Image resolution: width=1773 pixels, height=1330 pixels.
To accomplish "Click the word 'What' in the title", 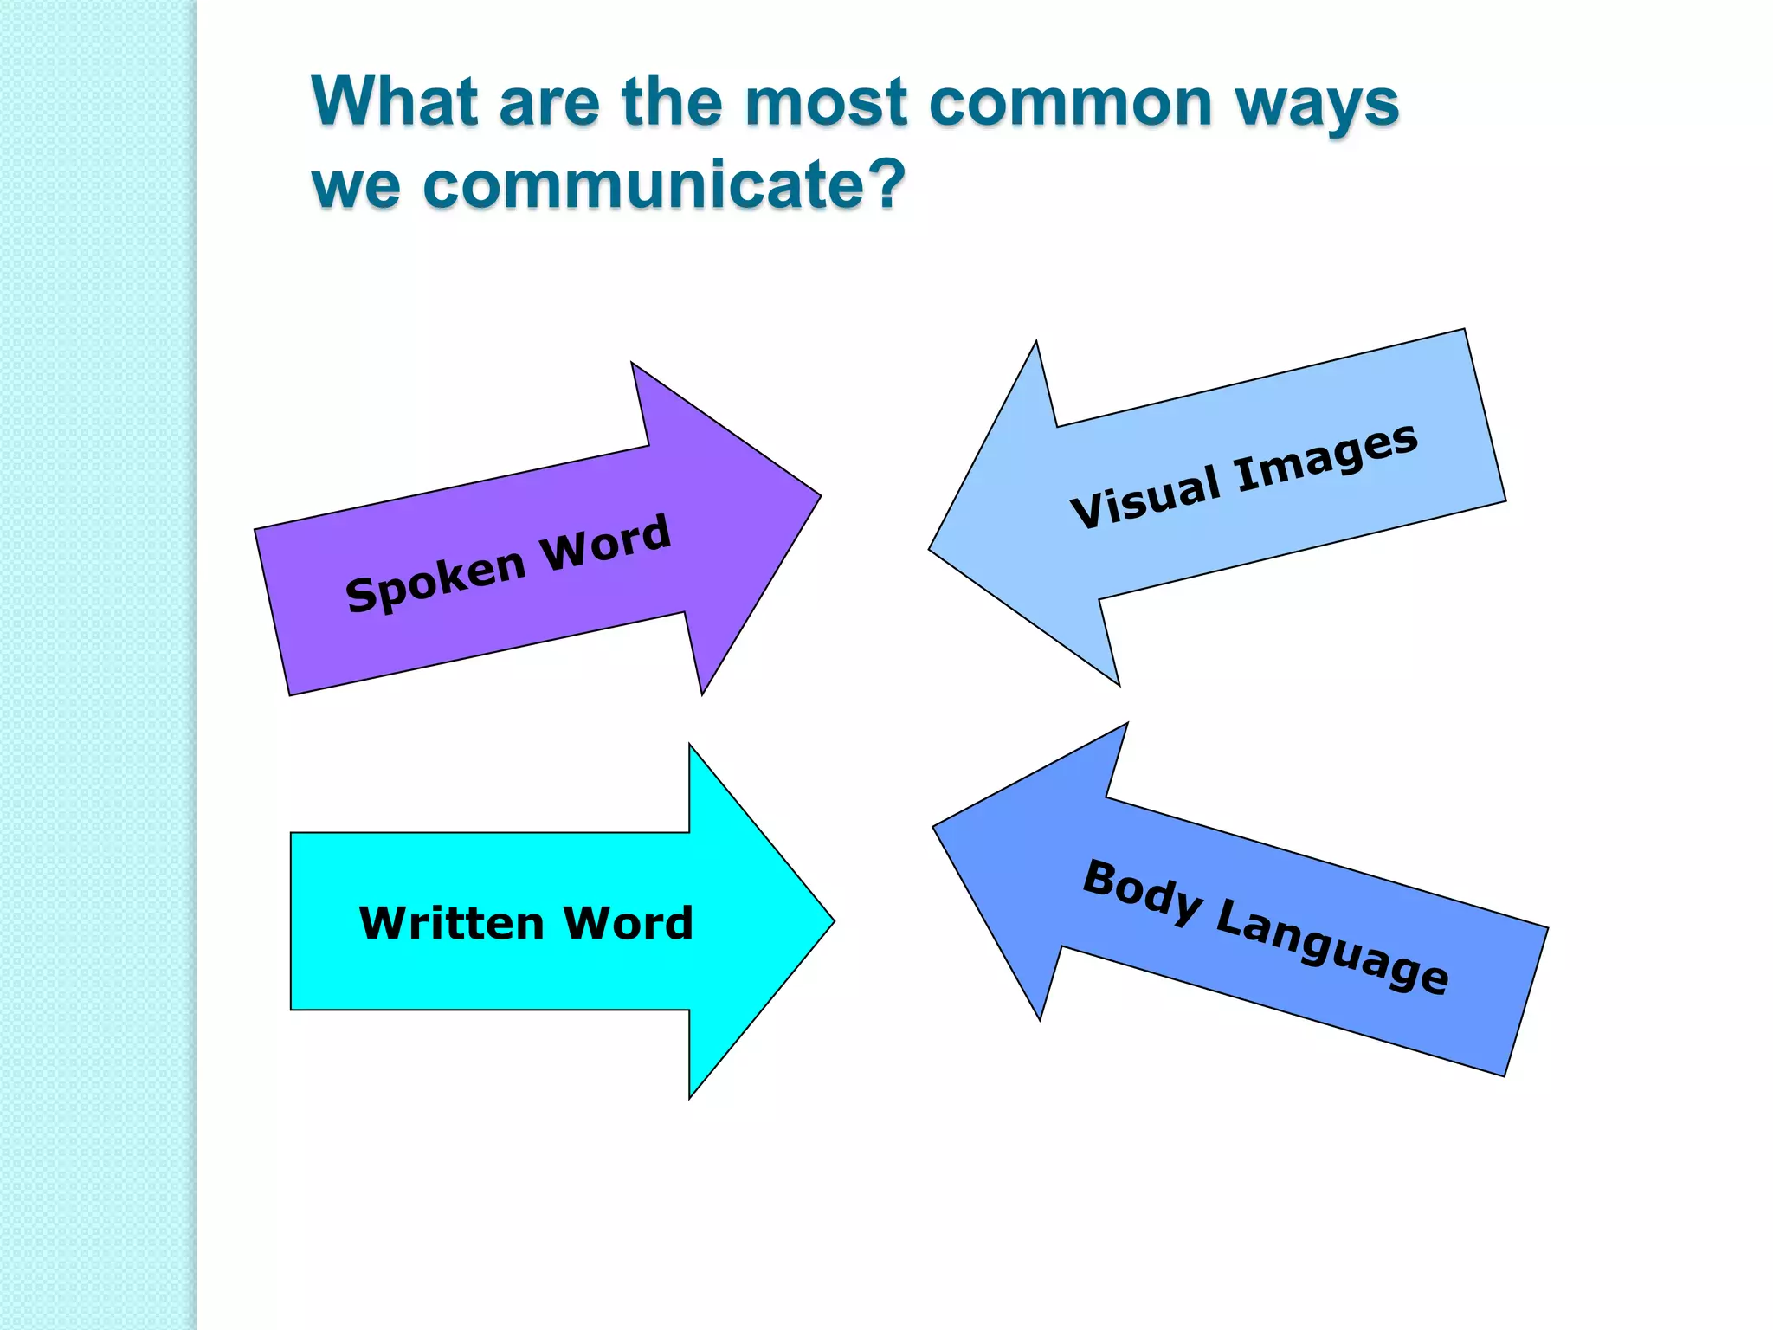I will coord(395,101).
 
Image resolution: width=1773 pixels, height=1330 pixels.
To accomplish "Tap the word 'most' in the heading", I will coord(826,103).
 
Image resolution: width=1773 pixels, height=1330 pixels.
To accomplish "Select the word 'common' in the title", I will coord(1071,103).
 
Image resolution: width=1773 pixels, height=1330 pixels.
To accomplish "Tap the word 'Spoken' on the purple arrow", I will coord(435,580).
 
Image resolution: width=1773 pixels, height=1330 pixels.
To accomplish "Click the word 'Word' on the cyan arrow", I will coord(629,923).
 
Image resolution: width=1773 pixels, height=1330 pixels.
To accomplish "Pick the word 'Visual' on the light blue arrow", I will coord(1146,496).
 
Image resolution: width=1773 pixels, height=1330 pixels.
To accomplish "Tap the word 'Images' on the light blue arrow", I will coord(1326,458).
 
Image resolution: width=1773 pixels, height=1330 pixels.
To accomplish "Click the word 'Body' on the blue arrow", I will coord(1142,892).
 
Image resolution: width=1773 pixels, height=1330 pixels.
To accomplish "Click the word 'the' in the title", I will coord(671,101).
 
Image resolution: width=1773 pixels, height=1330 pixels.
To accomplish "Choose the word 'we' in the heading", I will coord(356,187).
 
